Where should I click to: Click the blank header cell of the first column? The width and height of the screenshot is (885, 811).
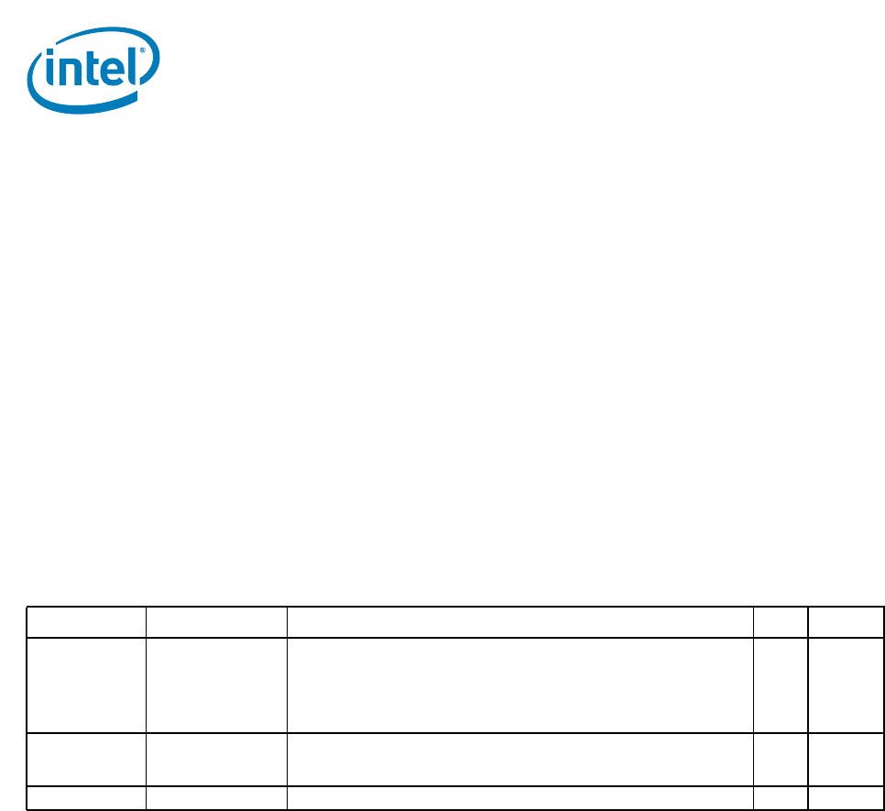(x=86, y=622)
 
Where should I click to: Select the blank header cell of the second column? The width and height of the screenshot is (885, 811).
(x=216, y=622)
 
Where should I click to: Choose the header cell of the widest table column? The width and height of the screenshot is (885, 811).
(x=520, y=622)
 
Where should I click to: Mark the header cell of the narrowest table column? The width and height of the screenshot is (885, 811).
(x=781, y=622)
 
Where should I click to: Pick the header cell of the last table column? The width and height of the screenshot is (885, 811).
(x=846, y=622)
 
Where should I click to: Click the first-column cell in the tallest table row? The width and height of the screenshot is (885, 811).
(x=86, y=685)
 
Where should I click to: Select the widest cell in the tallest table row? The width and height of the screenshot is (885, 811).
(x=520, y=685)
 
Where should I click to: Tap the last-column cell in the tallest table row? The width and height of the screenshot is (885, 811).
(x=846, y=685)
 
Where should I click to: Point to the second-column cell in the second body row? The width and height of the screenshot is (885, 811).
(x=216, y=760)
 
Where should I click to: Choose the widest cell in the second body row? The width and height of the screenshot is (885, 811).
(x=520, y=760)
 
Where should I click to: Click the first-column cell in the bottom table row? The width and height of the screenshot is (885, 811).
(x=86, y=798)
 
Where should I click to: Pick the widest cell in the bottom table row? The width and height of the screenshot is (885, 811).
(x=520, y=798)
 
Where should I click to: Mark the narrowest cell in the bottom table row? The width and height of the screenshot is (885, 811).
(x=781, y=798)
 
